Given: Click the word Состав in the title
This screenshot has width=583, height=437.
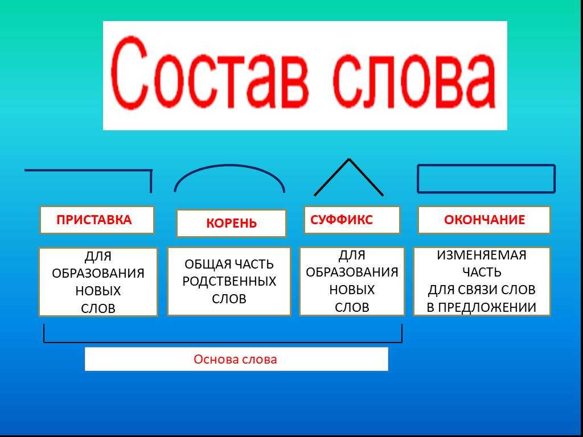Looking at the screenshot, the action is pos(210,72).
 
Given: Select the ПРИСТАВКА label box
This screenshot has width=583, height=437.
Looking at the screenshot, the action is pos(97,220).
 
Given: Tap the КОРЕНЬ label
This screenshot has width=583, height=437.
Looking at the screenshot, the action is pos(231,223).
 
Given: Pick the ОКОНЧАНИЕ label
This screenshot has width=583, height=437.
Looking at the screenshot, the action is pos(484,220).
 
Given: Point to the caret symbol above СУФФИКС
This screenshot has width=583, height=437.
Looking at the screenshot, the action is pos(349,160).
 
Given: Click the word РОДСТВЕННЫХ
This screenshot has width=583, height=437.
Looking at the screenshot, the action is pos(229,281).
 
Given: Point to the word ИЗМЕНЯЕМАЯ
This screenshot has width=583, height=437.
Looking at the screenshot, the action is pos(482,255).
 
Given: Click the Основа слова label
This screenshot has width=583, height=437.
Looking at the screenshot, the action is pos(235,360).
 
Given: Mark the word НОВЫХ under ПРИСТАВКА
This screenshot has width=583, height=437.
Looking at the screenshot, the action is pos(98,291).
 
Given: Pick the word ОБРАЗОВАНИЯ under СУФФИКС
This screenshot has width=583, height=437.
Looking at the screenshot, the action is pos(352,273).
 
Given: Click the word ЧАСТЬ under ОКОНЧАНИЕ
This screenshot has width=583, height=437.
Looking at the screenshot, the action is pos(482,273).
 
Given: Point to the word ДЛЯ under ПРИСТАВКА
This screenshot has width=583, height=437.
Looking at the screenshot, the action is pos(98,257).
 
